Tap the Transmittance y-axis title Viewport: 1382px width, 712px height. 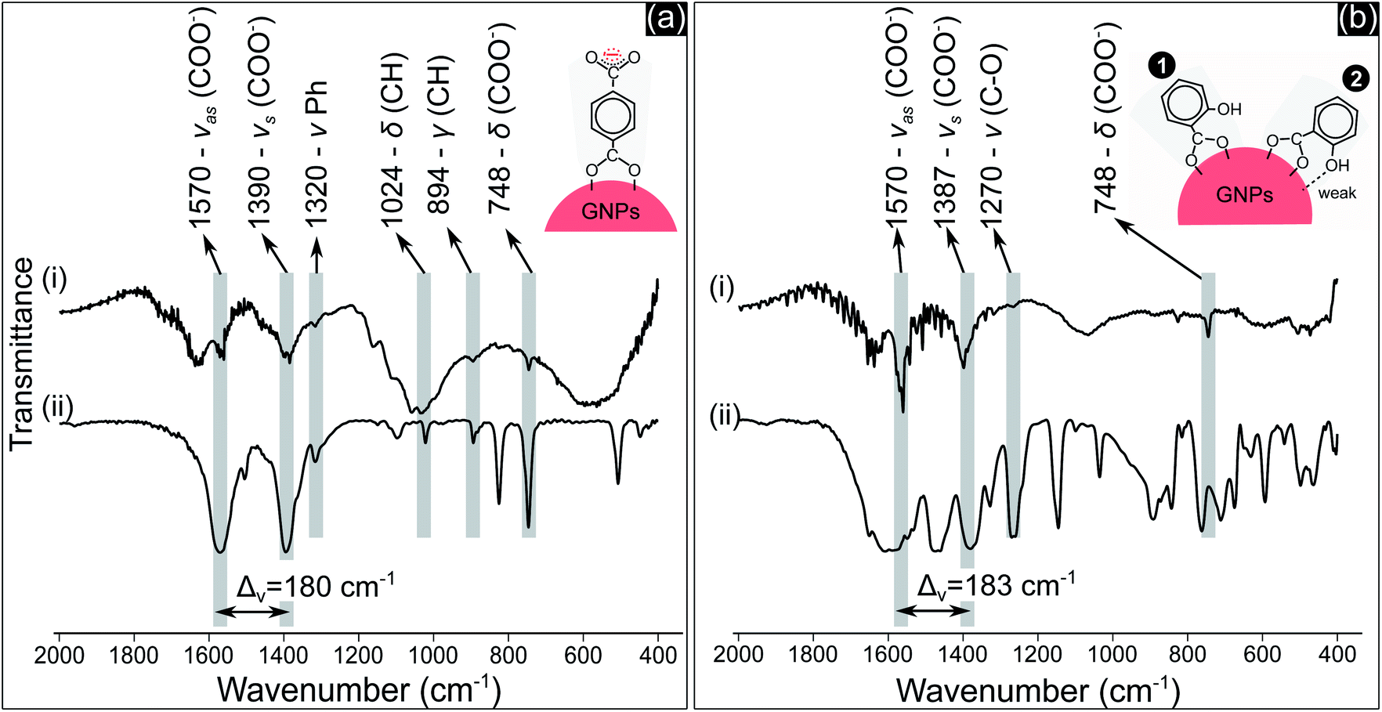pyautogui.click(x=23, y=354)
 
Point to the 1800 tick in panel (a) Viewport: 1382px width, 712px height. pyautogui.click(x=134, y=654)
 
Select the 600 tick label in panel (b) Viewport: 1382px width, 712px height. pyautogui.click(x=1262, y=654)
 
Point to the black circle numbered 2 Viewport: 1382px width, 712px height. pyautogui.click(x=1355, y=79)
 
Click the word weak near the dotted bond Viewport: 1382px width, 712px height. pyautogui.click(x=1337, y=193)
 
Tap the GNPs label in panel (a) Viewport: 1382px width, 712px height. pyautogui.click(x=610, y=211)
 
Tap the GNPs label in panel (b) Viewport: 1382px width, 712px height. pyautogui.click(x=1244, y=195)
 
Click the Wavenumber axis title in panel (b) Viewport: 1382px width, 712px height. pyautogui.click(x=1037, y=690)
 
